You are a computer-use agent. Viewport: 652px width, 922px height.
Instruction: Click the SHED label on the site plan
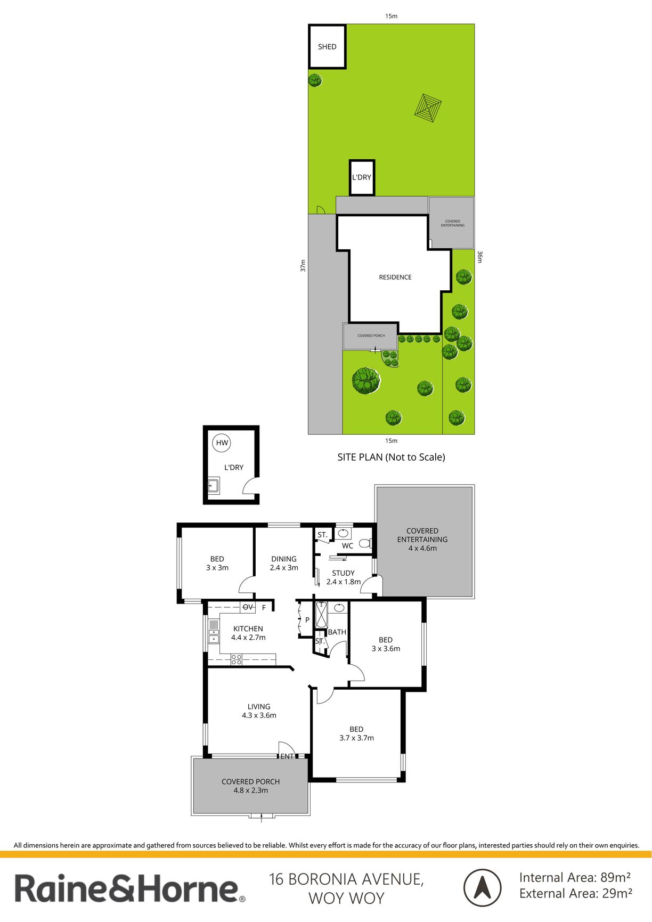point(327,47)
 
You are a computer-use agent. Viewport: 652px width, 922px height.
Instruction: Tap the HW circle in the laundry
point(222,443)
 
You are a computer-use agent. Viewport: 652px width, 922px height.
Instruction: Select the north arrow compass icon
point(482,887)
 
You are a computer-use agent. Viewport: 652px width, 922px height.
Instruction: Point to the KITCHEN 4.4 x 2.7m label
point(248,633)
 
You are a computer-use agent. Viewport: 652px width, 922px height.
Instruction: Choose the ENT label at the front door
point(287,756)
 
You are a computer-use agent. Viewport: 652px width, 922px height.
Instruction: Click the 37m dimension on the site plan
point(303,265)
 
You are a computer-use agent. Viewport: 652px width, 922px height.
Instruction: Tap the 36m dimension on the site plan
point(479,257)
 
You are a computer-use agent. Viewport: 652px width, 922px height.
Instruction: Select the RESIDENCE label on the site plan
point(395,277)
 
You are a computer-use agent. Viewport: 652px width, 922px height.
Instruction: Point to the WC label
point(347,545)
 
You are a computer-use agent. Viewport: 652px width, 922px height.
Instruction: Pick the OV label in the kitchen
point(248,607)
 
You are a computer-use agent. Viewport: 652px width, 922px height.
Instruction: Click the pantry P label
point(307,620)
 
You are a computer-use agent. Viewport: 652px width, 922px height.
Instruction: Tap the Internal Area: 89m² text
point(575,877)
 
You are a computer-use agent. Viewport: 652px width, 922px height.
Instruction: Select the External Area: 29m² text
point(576,893)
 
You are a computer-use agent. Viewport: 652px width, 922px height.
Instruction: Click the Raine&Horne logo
point(130,888)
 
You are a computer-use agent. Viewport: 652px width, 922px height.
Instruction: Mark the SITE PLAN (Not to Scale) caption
point(391,457)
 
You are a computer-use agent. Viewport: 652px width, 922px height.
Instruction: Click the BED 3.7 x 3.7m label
point(356,733)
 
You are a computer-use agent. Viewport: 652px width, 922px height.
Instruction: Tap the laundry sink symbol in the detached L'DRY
point(213,485)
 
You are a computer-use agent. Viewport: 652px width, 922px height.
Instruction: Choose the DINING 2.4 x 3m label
point(284,563)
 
